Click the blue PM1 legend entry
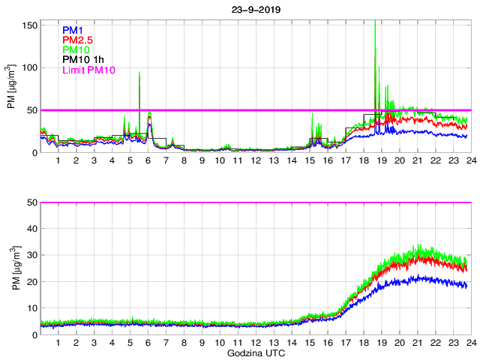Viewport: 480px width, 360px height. (73, 30)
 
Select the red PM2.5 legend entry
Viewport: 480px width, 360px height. (78, 40)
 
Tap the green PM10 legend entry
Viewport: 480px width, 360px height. (76, 49)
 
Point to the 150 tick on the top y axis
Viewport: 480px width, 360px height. (30, 25)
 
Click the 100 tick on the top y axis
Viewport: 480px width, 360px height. (30, 67)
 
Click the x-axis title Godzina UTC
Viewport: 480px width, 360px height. (254, 352)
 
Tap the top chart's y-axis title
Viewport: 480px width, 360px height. (10, 88)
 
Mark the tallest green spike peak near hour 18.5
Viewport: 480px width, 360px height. (375, 22)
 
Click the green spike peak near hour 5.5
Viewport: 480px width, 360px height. (139, 73)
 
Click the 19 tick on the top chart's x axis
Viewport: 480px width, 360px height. (381, 160)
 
